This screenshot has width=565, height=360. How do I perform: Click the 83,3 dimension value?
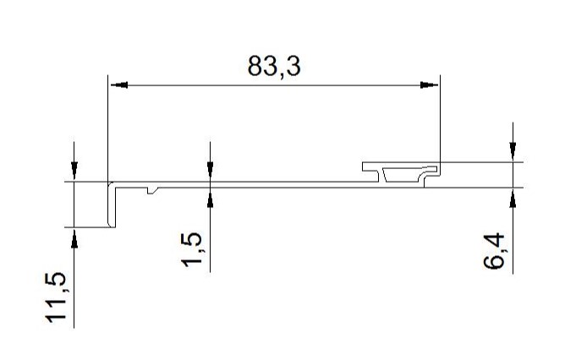pos(274,66)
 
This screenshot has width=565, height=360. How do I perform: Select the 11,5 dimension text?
pos(56,297)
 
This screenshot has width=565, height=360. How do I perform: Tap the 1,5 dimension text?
pos(191,250)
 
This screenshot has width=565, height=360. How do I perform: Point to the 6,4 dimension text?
pos(494,251)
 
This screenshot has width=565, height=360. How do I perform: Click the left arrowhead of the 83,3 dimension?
pos(119,85)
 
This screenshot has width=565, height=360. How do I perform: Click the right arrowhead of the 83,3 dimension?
pos(429,85)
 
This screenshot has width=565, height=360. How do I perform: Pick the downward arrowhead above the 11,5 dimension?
pos(74,171)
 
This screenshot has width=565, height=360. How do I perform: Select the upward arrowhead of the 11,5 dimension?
pos(74,238)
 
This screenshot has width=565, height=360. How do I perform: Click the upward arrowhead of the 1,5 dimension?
pos(210,198)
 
